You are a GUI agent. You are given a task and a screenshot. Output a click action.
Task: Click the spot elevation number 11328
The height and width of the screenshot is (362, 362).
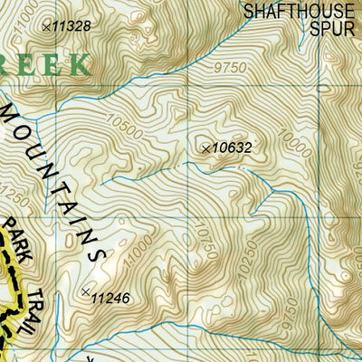71,26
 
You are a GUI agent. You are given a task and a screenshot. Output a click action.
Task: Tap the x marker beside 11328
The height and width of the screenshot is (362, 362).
47,26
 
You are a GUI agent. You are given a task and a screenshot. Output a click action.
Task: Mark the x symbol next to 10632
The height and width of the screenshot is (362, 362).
205,147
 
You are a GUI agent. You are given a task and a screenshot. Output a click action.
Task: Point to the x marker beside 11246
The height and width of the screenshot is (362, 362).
86,291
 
